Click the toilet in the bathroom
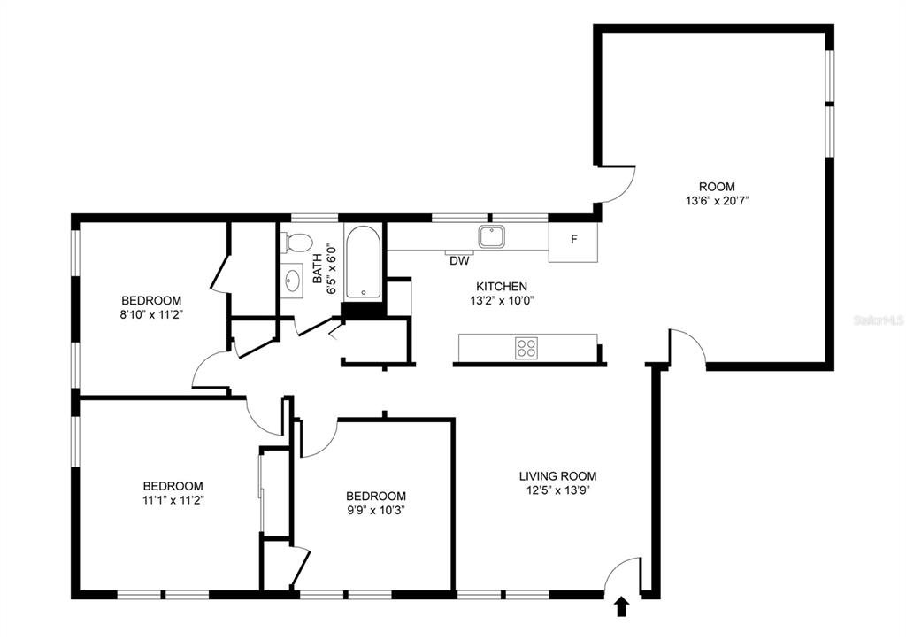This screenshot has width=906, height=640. tap(297, 243)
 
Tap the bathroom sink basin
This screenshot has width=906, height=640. tap(292, 281)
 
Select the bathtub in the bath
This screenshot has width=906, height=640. tap(363, 261)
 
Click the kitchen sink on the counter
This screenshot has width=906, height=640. tap(492, 236)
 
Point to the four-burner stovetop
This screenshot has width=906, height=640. tap(526, 348)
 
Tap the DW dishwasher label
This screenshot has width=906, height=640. tap(459, 261)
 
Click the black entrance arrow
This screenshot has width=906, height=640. tap(621, 606)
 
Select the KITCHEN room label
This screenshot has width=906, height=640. tap(502, 286)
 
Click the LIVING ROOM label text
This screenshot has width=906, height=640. tap(557, 476)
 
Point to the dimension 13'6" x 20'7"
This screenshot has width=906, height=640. tap(717, 201)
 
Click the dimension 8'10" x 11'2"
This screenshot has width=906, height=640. tap(151, 315)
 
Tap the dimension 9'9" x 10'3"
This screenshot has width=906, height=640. tap(376, 511)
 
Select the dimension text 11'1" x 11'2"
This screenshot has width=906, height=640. tap(173, 500)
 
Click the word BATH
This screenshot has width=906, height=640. tap(318, 269)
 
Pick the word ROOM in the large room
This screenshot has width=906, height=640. tap(717, 187)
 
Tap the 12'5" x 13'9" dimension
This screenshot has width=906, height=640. tap(557, 490)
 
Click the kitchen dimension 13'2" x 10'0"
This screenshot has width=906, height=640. tap(502, 301)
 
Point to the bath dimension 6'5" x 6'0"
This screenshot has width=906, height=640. tap(332, 269)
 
